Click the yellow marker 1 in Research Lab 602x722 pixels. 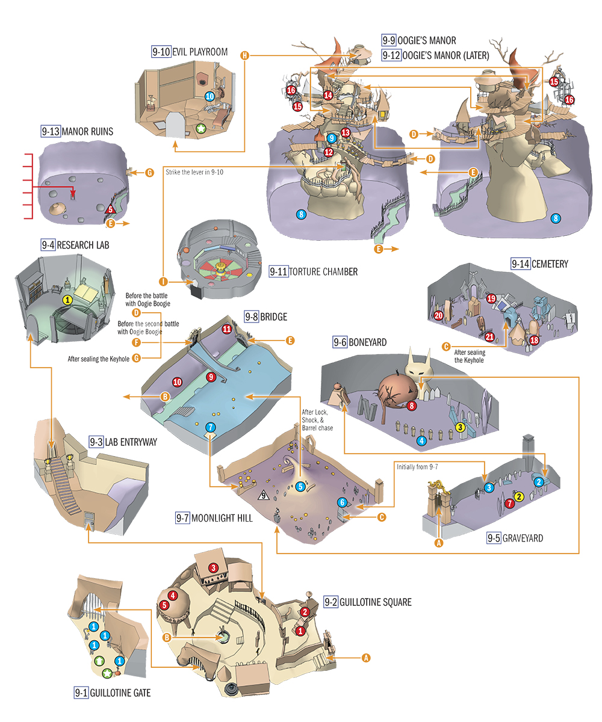67,300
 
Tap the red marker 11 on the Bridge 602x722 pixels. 226,329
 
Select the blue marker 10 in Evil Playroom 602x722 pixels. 209,96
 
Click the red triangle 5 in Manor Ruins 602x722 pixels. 110,209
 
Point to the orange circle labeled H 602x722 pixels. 244,55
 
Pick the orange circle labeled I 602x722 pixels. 163,282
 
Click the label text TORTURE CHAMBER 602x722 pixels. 323,272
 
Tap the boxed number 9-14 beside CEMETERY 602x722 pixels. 521,264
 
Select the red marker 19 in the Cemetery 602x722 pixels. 491,298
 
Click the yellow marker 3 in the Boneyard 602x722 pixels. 460,427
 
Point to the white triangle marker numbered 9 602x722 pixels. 264,496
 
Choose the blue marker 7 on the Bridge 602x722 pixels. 210,427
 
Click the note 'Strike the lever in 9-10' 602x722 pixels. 194,172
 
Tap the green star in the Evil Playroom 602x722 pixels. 201,129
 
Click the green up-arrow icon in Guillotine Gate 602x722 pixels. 99,661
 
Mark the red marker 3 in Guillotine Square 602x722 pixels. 214,567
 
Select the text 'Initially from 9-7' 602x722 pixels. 417,467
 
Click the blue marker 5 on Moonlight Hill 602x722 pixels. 300,487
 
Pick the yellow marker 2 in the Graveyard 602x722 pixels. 518,496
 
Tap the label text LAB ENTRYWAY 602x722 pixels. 131,442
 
